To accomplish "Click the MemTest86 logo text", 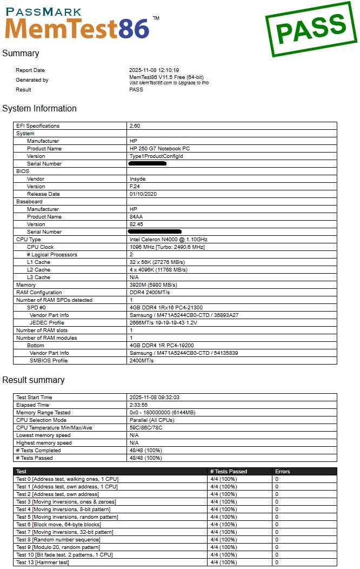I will (x=77, y=27).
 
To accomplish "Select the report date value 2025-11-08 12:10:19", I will (x=154, y=70).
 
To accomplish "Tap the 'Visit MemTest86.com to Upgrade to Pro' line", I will (x=169, y=83).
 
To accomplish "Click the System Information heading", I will (x=39, y=109).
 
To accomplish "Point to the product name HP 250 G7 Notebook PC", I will (x=159, y=149).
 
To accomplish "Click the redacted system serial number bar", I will (x=148, y=163).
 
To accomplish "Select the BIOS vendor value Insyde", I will (x=137, y=179).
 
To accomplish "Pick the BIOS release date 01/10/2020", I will (x=143, y=194).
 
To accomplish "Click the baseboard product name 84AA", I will (x=136, y=217).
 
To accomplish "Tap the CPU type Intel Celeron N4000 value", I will (x=168, y=240).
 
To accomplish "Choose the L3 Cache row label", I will (x=38, y=277).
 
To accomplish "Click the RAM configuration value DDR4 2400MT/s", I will (x=150, y=293).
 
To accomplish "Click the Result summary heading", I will (x=34, y=380).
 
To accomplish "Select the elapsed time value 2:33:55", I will (x=140, y=405).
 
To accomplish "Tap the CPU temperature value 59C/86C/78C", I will (x=146, y=428).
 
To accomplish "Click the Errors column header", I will (x=282, y=472).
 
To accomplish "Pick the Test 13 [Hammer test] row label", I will (x=43, y=563).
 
